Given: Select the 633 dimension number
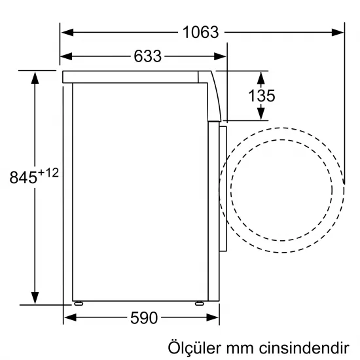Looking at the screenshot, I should pos(147,56).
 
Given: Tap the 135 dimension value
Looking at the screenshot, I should pos(262,96).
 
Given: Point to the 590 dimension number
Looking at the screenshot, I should pos(143,318).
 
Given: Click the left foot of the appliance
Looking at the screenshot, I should pos(79,303).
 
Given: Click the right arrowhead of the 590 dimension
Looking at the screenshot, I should pos(210,318).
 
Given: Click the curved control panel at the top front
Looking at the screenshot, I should pos(213,95).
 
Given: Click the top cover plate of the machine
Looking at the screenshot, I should pos(131,77).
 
